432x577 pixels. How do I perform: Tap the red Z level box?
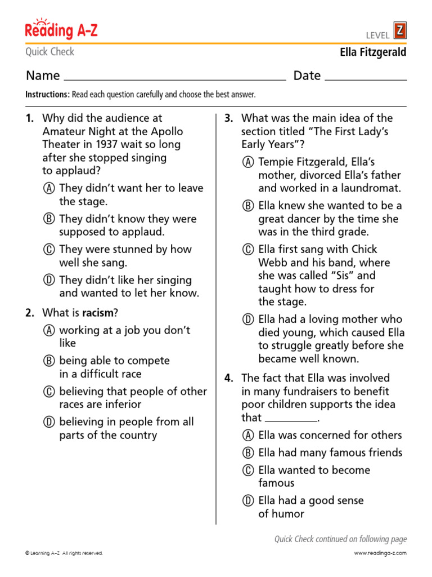tap(399, 30)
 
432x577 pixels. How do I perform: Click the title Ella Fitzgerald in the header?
tap(373, 52)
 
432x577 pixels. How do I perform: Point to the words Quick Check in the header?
tap(49, 52)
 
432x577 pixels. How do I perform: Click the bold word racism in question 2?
tap(98, 313)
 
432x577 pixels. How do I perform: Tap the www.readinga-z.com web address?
tap(380, 553)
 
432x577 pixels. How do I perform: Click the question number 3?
tap(228, 118)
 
